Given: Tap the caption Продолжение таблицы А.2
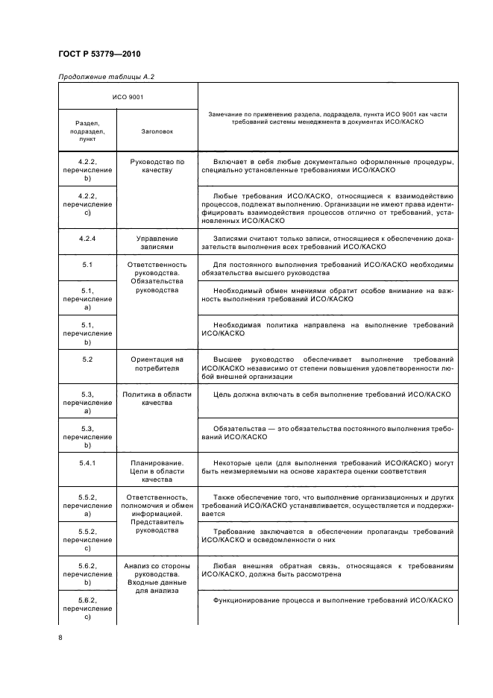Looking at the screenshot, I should pos(106,76).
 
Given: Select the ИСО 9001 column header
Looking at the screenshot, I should pos(128,97).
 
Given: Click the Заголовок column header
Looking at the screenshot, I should pos(157,131).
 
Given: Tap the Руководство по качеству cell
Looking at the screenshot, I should pos(157,166).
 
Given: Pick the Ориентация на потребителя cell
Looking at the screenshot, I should pos(157,364).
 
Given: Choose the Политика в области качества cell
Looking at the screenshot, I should pos(157,397).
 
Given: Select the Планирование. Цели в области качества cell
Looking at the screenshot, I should pos(157,471).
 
